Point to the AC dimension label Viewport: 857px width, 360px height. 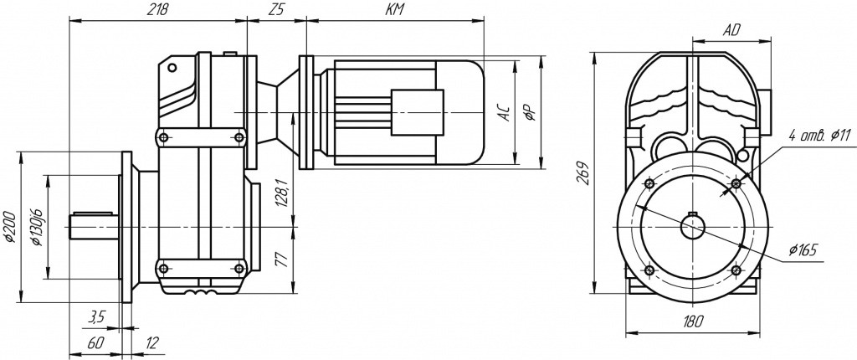pos(504,112)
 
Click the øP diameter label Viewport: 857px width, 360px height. pos(531,112)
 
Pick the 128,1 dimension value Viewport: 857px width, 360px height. pos(282,193)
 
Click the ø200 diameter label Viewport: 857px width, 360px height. pos(9,227)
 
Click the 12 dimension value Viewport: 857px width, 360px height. pos(151,342)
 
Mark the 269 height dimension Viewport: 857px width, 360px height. pos(583,171)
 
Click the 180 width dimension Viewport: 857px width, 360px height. pos(692,321)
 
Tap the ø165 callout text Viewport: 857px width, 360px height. pos(803,250)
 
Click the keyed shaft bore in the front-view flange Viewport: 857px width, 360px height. pos(692,226)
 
